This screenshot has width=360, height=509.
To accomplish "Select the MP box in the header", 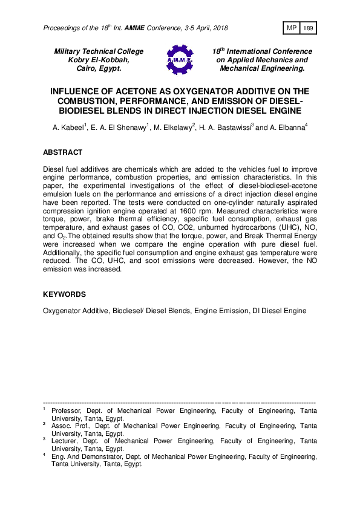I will click(290, 28).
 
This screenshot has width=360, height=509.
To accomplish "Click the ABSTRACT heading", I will click(63, 152).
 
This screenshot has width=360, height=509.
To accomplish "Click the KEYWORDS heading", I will click(64, 294).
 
